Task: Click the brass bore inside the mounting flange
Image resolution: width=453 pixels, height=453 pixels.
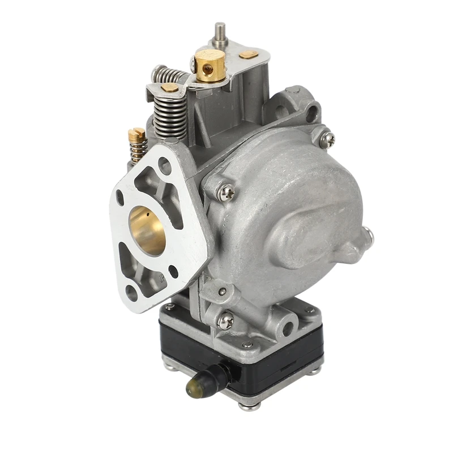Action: point(147,229)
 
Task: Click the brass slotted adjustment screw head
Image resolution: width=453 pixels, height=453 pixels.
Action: point(136,135)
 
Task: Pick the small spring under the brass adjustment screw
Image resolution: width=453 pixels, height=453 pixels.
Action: point(137,150)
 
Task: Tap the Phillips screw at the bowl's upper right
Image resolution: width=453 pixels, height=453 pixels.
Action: point(327,139)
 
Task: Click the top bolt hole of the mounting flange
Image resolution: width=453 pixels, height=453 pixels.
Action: point(164,166)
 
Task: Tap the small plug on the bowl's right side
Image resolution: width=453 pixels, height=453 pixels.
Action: point(369,233)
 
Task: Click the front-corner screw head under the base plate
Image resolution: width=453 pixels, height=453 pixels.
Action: point(250,404)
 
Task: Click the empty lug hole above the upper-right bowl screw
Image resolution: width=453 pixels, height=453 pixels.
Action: point(311,117)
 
